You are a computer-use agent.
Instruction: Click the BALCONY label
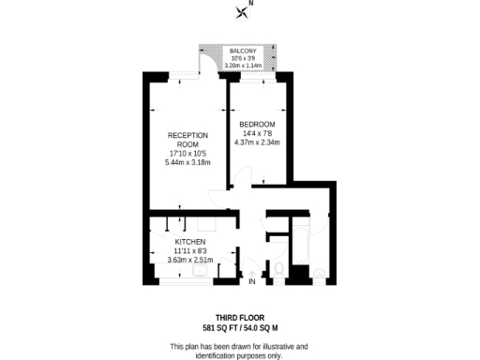[x=243, y=51]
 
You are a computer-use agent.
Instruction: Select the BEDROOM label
[x=257, y=125]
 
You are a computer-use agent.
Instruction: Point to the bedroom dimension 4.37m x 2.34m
[x=257, y=142]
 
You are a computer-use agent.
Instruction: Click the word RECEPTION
[x=174, y=135]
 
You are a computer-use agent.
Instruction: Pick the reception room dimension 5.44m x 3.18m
[x=174, y=162]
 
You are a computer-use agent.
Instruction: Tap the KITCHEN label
[x=189, y=241]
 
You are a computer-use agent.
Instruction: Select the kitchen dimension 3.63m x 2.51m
[x=189, y=259]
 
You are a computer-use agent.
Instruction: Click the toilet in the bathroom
[x=278, y=272]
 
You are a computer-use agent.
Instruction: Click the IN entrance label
[x=251, y=282]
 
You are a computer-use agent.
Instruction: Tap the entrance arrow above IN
[x=251, y=273]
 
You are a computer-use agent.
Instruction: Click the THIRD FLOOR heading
[x=240, y=319]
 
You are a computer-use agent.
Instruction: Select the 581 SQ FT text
[x=220, y=329]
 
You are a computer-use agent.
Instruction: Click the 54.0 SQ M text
[x=262, y=329]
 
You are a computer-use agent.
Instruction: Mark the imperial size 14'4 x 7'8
[x=257, y=133]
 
